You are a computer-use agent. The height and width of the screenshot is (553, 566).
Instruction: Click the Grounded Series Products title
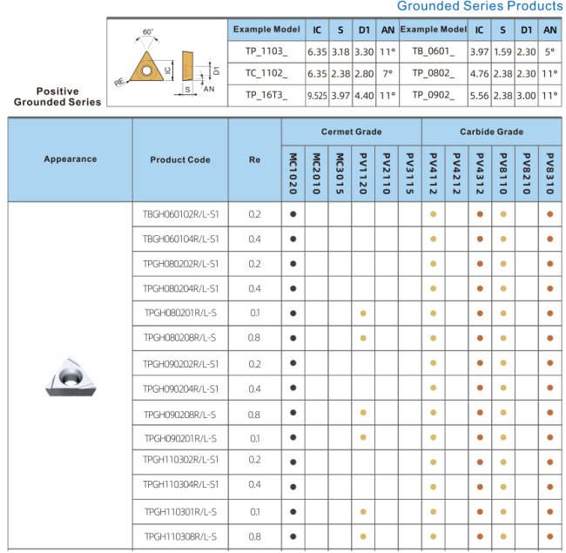click(479, 7)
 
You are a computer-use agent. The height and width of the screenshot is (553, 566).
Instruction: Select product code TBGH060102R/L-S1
click(180, 214)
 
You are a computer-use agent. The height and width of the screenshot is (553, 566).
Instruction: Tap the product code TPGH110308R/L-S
click(180, 536)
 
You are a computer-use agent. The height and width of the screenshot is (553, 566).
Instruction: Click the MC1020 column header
click(293, 174)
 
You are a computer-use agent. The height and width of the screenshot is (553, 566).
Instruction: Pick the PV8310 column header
click(550, 174)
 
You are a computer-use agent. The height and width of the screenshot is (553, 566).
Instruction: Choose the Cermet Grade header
click(351, 132)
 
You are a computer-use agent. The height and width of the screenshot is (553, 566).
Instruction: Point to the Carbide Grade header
click(491, 132)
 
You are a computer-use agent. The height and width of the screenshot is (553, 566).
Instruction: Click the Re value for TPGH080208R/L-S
click(254, 337)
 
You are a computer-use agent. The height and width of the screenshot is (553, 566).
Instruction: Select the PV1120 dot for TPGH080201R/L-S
click(363, 313)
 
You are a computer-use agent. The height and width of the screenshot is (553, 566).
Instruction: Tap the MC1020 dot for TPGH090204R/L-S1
click(293, 388)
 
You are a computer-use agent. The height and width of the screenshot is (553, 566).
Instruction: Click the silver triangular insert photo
click(70, 377)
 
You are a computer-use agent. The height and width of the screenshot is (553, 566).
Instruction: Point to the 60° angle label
click(148, 32)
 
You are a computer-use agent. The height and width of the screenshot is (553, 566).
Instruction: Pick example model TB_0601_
click(433, 52)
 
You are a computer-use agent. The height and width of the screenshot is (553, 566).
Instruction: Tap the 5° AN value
click(549, 52)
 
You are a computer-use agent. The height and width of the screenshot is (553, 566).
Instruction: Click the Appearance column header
click(70, 159)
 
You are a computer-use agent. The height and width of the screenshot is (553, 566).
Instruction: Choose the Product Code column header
click(180, 160)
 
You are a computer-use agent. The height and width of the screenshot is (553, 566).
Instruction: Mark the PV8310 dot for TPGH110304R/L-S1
click(550, 485)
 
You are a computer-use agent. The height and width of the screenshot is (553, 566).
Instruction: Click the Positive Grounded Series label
click(57, 97)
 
